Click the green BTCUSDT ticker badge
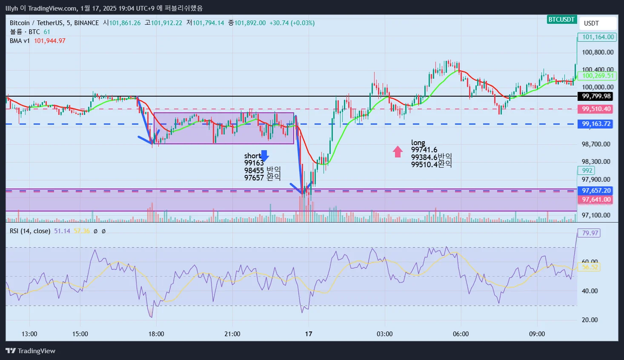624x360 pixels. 561,20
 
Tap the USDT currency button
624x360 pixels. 591,23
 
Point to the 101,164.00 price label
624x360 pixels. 598,37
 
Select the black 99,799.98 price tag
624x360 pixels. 596,96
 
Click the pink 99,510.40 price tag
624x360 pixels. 596,109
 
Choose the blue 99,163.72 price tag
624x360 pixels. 596,124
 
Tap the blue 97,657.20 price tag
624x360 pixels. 596,191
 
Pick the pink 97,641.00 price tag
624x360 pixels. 596,200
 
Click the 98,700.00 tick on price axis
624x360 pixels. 596,144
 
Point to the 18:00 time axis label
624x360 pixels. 156,334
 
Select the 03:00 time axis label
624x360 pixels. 385,334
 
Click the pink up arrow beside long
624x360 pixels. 398,151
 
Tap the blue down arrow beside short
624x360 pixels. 264,156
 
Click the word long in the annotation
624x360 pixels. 418,143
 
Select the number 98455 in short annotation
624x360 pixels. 254,171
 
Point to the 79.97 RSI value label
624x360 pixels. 590,233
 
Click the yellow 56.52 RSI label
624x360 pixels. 590,267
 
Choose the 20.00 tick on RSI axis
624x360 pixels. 590,320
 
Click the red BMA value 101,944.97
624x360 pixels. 50,41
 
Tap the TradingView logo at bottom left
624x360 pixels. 31,351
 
